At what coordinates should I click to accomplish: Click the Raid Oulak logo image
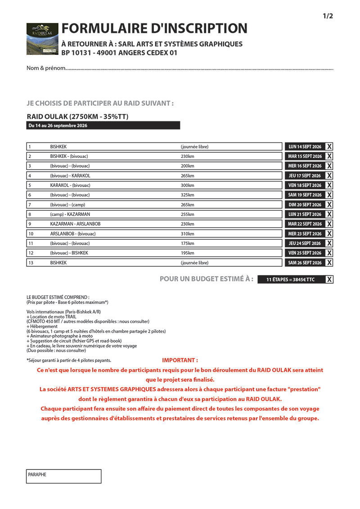(x=42, y=39)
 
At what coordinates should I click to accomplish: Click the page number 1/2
(x=328, y=16)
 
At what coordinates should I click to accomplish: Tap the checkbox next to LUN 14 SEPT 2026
(x=329, y=147)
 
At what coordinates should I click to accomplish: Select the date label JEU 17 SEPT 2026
(x=305, y=176)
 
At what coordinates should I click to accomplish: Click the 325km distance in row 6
(x=188, y=195)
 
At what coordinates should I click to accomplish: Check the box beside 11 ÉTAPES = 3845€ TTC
(x=329, y=280)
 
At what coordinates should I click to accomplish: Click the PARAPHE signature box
(x=63, y=476)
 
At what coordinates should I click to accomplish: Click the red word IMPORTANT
(x=180, y=360)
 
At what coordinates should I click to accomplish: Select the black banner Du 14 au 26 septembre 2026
(x=103, y=126)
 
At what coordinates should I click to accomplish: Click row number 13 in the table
(x=31, y=263)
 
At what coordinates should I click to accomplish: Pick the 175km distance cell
(x=188, y=243)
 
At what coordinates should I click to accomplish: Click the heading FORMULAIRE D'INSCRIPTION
(x=154, y=28)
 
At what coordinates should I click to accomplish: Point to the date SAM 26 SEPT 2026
(x=305, y=263)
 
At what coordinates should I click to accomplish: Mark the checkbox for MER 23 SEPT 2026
(x=329, y=234)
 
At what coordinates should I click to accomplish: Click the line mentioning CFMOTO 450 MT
(x=88, y=321)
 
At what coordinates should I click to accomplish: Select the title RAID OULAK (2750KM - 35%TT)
(x=78, y=116)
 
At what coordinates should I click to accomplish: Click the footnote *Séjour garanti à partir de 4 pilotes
(x=69, y=360)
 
